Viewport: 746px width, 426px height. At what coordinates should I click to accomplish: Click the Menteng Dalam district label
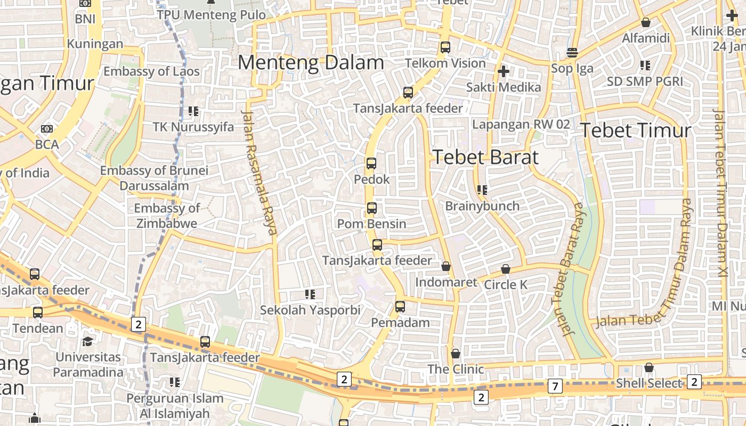tap(311, 63)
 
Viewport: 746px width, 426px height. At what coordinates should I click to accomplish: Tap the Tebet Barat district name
tap(485, 157)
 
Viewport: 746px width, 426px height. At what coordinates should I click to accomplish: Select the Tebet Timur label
tap(635, 130)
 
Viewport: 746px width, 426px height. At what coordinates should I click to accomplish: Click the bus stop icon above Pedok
tap(371, 163)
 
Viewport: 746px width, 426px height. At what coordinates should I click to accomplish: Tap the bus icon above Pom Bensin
tap(372, 208)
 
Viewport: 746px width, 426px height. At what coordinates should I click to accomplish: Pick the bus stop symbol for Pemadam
tap(400, 307)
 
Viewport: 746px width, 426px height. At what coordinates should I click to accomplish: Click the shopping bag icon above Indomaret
tap(446, 266)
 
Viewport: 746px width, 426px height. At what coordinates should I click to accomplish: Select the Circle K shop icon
tap(506, 269)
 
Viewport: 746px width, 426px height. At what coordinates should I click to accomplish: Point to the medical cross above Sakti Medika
tap(503, 71)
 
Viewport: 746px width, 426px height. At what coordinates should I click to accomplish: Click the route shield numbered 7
tap(555, 387)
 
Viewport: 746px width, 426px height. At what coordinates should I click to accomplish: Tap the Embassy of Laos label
tap(151, 71)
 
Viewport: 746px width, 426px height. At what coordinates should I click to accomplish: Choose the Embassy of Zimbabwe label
tap(166, 216)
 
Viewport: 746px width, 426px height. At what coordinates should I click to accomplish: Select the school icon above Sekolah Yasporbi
tap(310, 294)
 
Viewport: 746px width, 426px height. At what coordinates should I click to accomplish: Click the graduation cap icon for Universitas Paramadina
tap(87, 341)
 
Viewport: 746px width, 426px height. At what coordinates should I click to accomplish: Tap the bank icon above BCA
tap(47, 129)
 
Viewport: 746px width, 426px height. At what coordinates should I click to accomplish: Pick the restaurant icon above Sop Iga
tap(572, 53)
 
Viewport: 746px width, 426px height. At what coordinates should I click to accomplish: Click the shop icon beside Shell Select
tap(648, 367)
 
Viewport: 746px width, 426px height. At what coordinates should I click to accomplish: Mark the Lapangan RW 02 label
tap(521, 125)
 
